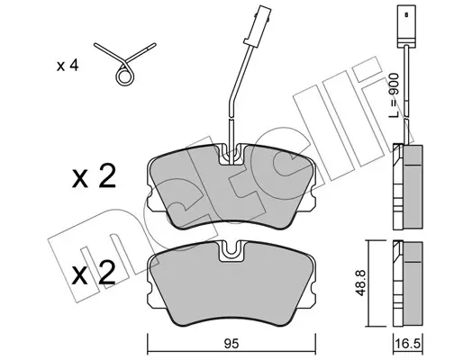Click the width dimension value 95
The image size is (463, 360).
coord(231,344)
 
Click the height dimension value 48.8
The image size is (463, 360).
coord(360,283)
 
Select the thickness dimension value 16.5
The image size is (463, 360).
coord(407,344)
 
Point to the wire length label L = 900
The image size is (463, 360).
coord(395,95)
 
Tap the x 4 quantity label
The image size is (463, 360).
coord(68,66)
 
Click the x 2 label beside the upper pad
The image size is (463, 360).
coord(94,176)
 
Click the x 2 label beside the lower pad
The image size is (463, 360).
coord(94,273)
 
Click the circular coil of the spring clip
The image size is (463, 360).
coord(124,76)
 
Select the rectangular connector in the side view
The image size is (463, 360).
coord(406,26)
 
